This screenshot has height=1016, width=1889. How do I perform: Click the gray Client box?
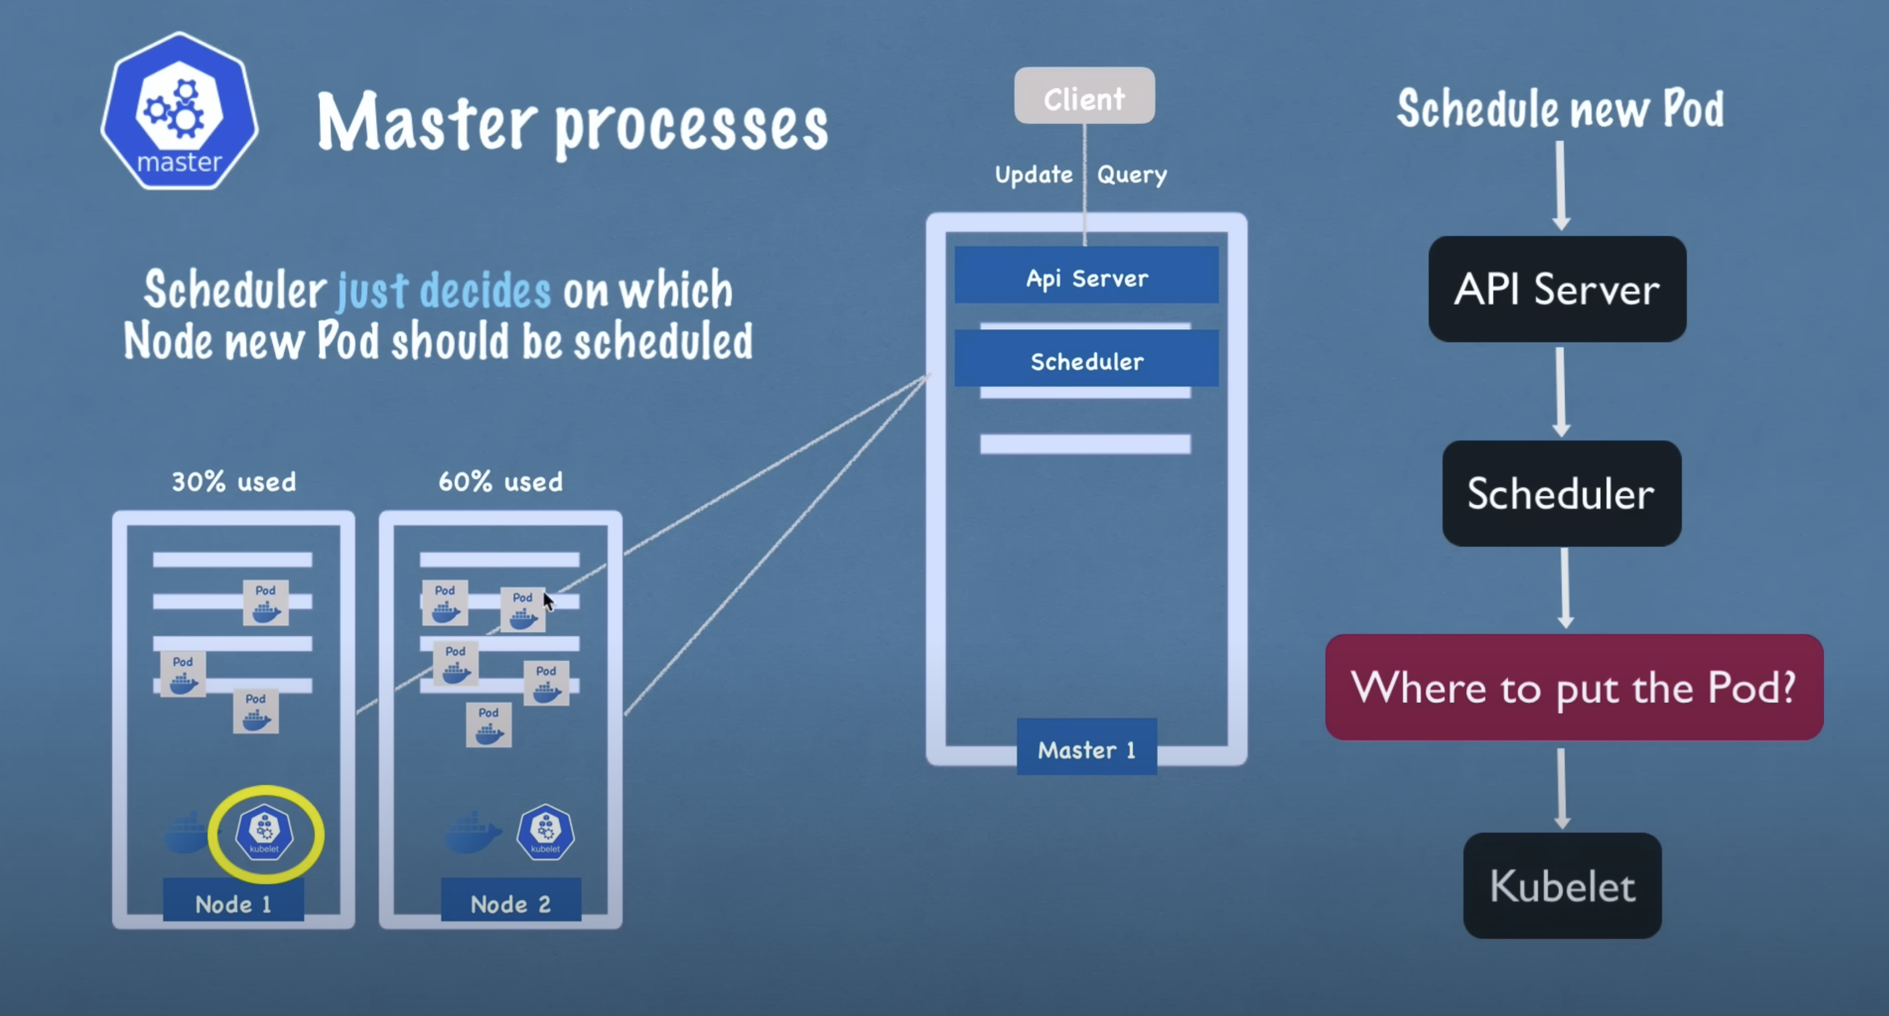click(x=1084, y=96)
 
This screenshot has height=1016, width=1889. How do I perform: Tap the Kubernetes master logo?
click(x=179, y=111)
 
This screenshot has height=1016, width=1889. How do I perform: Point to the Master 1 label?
click(x=1086, y=749)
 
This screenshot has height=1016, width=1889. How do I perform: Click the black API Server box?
click(x=1557, y=289)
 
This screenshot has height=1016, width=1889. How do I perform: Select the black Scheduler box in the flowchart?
click(x=1561, y=493)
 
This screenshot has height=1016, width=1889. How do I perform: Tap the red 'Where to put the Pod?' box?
click(x=1574, y=687)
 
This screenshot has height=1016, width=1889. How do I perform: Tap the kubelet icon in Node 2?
click(x=546, y=832)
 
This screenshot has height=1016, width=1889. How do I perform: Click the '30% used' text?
click(x=234, y=482)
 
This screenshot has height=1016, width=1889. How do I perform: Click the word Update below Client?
click(x=1033, y=174)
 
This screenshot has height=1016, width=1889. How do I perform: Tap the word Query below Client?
click(x=1132, y=174)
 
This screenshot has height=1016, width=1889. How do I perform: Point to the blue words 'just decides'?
click(x=444, y=291)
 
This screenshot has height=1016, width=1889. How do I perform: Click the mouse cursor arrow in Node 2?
click(x=548, y=601)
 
